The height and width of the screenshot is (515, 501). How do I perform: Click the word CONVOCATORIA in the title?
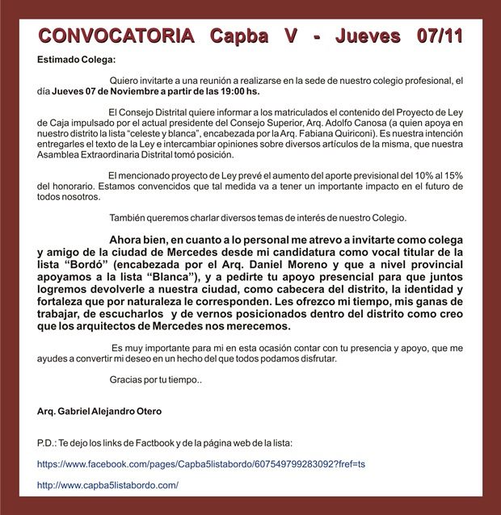coord(116,36)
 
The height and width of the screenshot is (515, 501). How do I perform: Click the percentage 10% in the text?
coord(404,174)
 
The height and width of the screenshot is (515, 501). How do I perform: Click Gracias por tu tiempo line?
coord(155,380)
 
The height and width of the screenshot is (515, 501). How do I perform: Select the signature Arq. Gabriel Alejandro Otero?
coord(99,411)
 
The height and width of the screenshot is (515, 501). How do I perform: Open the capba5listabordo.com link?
coord(107,485)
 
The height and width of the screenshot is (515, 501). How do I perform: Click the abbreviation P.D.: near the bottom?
coord(47,443)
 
